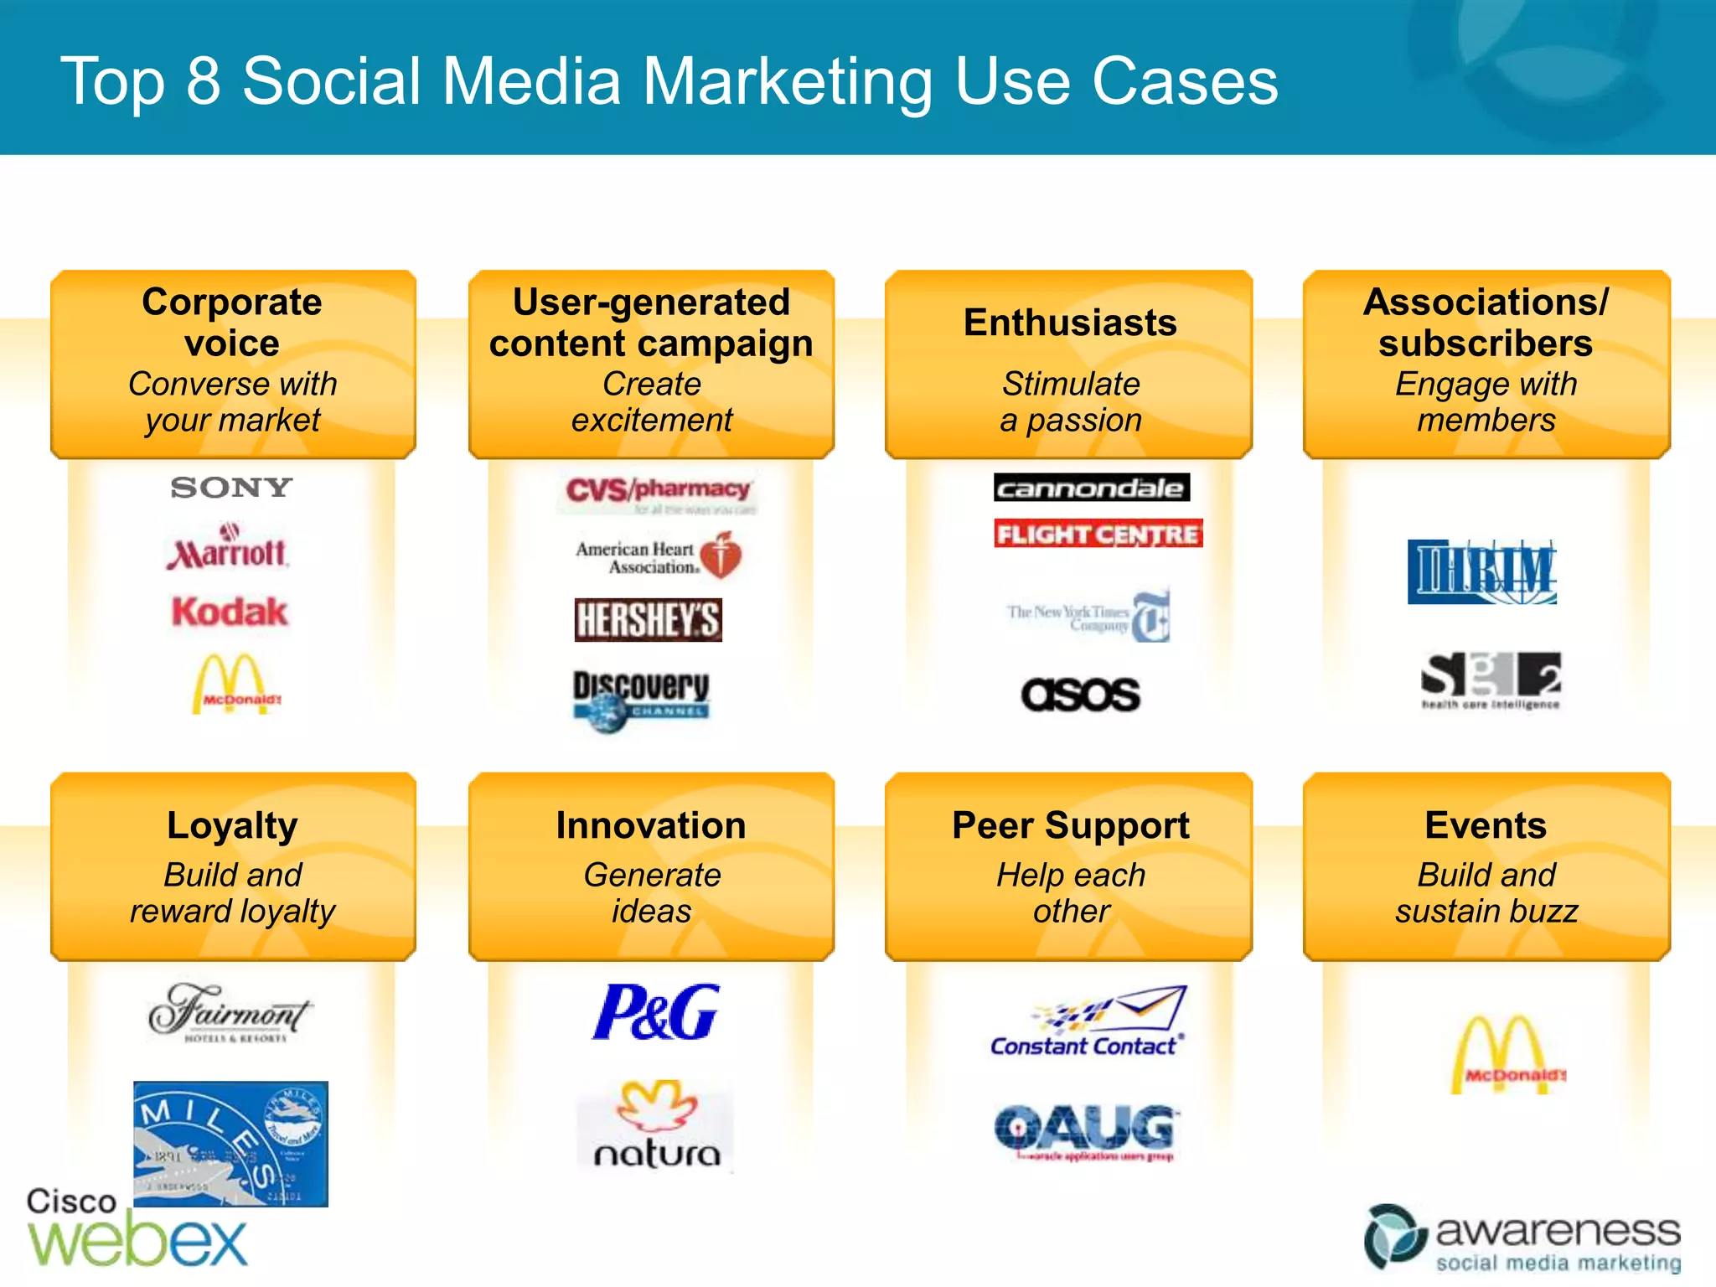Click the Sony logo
[x=231, y=488]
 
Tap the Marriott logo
[x=227, y=549]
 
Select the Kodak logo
[x=230, y=612]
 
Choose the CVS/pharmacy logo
[x=658, y=492]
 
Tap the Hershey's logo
[x=648, y=620]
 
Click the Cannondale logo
[x=1091, y=488]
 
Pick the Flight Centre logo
[x=1098, y=534]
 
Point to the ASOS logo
[x=1080, y=695]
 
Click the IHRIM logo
[x=1481, y=572]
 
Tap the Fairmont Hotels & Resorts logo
[x=230, y=1013]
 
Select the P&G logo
[x=655, y=1011]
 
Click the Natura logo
[x=656, y=1125]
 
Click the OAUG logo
[x=1087, y=1131]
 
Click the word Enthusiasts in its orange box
[x=1070, y=323]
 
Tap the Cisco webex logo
[x=137, y=1228]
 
